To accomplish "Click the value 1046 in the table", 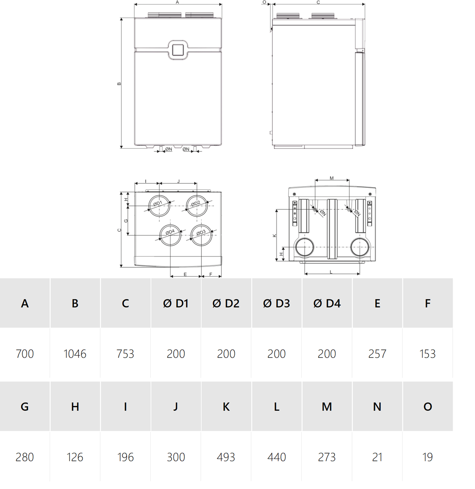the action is click(x=75, y=354).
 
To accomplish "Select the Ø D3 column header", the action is click(x=276, y=303).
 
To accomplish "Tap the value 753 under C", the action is click(x=125, y=354).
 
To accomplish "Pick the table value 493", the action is click(x=226, y=457).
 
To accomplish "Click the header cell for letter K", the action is click(x=226, y=407).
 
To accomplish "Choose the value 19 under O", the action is click(x=427, y=457).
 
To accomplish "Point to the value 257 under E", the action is click(x=377, y=354).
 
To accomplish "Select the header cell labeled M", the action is click(x=326, y=407).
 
